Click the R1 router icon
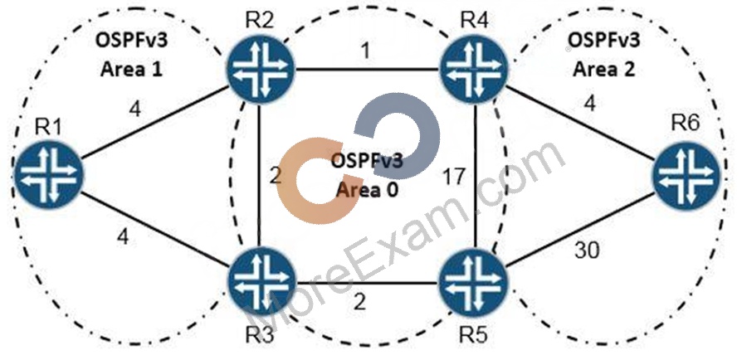[48, 173]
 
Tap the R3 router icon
[261, 280]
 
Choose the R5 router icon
[473, 280]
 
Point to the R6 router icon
[686, 173]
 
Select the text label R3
[260, 335]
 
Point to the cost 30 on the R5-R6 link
[587, 250]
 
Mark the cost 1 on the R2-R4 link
[364, 51]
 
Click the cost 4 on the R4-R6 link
[589, 102]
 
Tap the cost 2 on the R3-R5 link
[359, 302]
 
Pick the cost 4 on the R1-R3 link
[123, 237]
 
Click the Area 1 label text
[131, 69]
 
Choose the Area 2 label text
[604, 69]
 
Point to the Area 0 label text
[367, 190]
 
